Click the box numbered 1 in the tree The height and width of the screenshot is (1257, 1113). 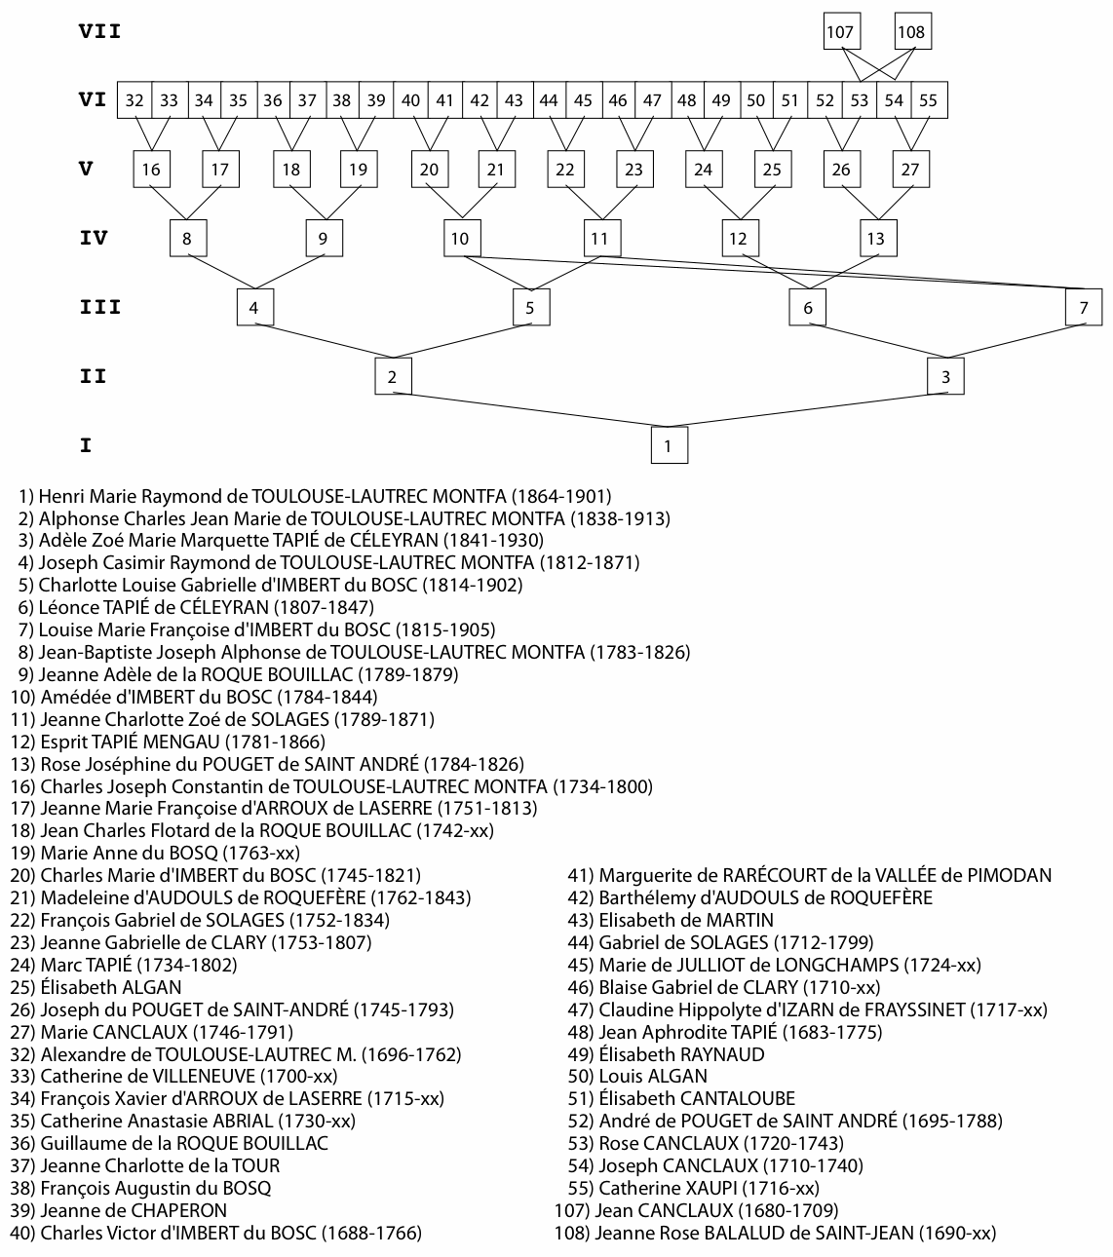(x=669, y=445)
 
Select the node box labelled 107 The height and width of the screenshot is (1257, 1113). (x=839, y=32)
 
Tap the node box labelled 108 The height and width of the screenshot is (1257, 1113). (x=911, y=32)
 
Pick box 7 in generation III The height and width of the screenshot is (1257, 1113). (x=1084, y=308)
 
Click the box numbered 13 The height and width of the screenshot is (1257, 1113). (x=876, y=238)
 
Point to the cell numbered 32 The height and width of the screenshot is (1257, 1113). (x=134, y=100)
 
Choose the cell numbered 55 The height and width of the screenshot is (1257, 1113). (x=928, y=100)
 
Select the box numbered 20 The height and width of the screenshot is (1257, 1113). (x=428, y=170)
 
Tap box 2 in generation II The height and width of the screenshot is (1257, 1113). (x=392, y=376)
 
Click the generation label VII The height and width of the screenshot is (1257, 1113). (x=99, y=31)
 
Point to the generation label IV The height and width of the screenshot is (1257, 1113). (x=93, y=238)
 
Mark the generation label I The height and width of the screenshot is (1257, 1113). (x=86, y=445)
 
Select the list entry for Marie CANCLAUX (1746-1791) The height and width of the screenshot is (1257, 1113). (x=166, y=1032)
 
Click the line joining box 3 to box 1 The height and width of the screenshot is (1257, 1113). (x=807, y=409)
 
